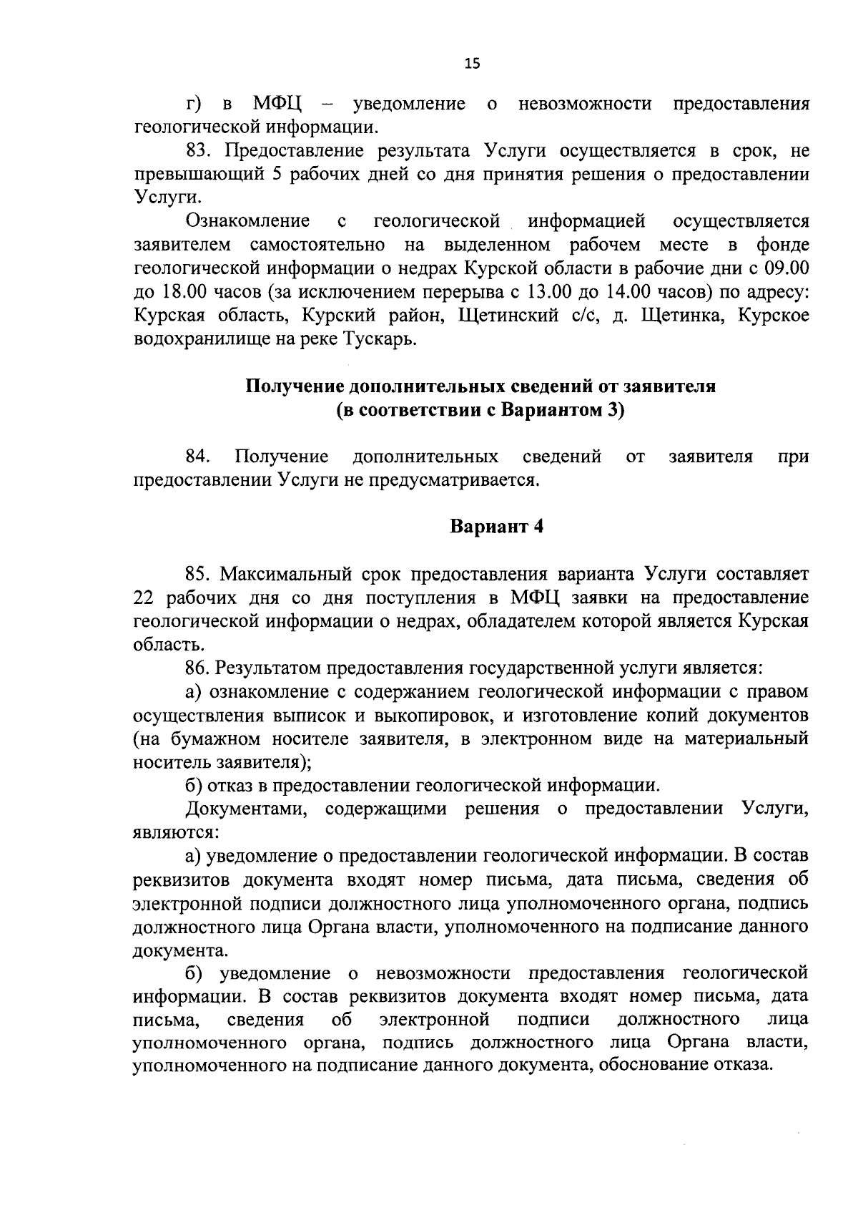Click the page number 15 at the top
pyautogui.click(x=472, y=64)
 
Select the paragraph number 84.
pyautogui.click(x=197, y=457)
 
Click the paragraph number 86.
pyautogui.click(x=197, y=668)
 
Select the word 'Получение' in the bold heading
pyautogui.click(x=295, y=387)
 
